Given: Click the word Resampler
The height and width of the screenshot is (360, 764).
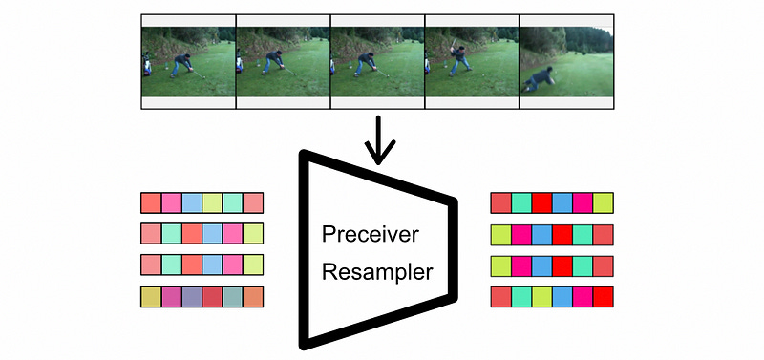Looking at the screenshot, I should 377,273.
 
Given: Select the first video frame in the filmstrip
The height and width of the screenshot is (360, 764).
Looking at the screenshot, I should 188,60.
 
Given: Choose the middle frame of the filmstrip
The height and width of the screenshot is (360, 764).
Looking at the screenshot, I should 377,60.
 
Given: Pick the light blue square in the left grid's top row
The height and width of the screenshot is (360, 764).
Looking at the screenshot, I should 191,202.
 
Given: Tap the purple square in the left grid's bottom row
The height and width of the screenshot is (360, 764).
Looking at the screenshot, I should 191,297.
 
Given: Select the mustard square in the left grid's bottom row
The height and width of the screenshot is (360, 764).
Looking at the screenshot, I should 151,297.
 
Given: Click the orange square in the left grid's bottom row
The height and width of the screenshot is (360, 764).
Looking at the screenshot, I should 252,297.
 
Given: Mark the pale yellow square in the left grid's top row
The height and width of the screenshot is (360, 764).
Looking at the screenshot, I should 211,202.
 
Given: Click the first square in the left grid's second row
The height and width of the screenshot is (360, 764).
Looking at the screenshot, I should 151,234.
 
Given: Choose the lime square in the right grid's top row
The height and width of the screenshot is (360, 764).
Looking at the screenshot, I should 603,202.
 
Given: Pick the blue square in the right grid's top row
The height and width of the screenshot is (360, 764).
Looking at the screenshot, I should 562,202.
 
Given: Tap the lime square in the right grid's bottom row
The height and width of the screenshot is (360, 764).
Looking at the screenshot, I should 541,297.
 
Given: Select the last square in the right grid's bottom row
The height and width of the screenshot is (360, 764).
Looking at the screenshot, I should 603,297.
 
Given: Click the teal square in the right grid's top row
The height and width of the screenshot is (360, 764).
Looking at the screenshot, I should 521,202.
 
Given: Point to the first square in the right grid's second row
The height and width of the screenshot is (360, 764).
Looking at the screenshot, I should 500,234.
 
